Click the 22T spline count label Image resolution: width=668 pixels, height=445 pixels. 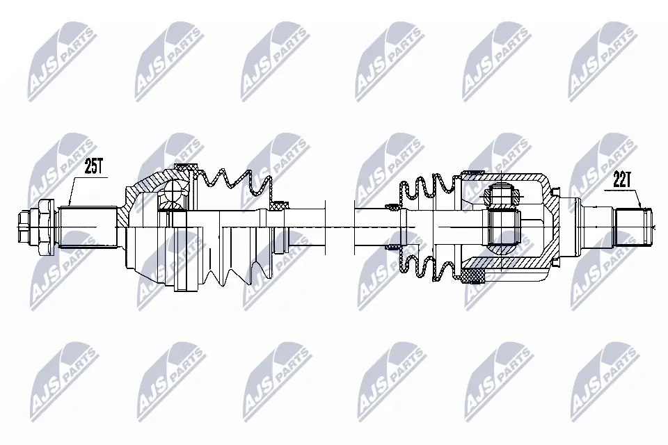[x=621, y=179]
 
